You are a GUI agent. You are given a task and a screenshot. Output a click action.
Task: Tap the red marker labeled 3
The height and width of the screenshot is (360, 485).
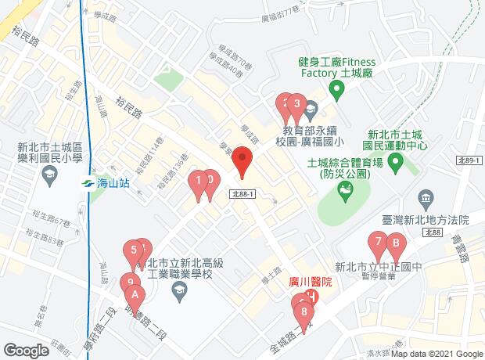[297, 104]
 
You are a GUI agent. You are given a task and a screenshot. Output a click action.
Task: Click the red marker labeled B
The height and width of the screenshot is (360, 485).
[396, 243]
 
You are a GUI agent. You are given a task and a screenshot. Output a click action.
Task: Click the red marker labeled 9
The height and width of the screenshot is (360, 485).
[129, 283]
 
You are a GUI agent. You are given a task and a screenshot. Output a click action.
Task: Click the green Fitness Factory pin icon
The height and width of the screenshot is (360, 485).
[337, 92]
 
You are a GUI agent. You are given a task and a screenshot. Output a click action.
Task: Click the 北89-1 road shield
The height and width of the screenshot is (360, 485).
[468, 160]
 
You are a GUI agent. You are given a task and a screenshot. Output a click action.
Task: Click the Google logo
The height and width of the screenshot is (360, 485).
[26, 351]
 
